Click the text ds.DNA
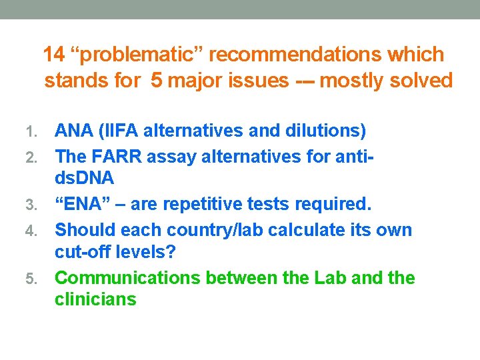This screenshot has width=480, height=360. click(x=85, y=179)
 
